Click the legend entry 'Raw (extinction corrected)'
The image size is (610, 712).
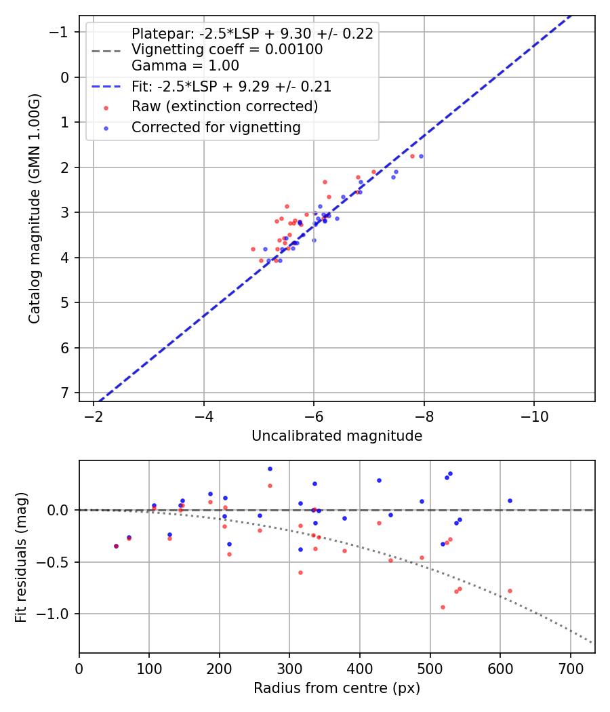(224, 106)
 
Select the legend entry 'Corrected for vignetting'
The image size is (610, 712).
(216, 127)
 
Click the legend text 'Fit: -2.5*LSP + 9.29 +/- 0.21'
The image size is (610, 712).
(231, 87)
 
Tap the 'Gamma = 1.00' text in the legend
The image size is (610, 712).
(185, 66)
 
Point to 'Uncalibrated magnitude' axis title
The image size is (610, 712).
(337, 436)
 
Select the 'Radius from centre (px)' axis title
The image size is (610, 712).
(337, 688)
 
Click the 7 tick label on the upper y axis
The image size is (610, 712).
(64, 393)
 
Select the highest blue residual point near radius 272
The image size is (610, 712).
(270, 469)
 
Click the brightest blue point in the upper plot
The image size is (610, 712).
(421, 156)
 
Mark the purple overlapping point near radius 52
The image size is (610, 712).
(116, 546)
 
